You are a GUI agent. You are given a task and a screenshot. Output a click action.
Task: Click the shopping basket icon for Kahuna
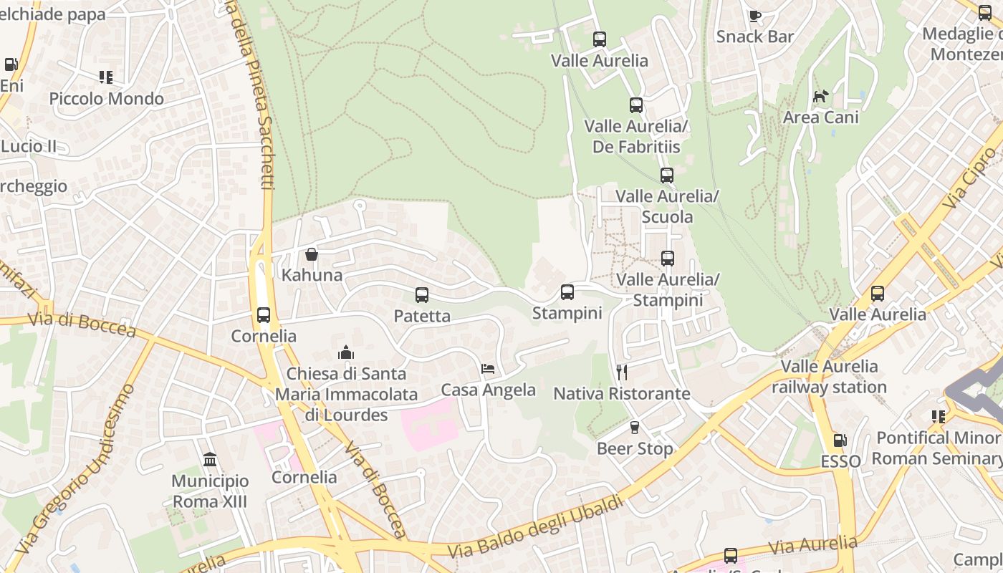[x=312, y=254]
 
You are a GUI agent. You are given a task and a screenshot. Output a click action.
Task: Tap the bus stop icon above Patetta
[x=422, y=295]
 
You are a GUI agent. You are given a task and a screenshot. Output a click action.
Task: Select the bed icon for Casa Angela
[x=489, y=370]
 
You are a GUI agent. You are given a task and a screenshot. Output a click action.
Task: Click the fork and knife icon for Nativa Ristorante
[x=622, y=372]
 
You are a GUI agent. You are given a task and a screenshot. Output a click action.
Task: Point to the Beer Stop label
[x=635, y=449]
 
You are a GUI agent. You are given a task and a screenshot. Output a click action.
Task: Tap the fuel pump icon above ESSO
[x=840, y=440]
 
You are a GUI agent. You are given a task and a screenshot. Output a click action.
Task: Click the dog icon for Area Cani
[x=821, y=96]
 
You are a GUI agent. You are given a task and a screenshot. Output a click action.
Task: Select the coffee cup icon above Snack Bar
[x=754, y=16]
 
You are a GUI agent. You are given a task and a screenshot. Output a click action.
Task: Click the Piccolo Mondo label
[x=107, y=99]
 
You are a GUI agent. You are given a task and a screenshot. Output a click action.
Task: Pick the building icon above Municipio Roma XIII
[x=210, y=459]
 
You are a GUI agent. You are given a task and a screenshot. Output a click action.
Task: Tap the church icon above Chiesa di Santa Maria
[x=346, y=352]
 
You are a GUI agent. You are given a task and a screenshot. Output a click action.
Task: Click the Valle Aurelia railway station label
[x=829, y=377]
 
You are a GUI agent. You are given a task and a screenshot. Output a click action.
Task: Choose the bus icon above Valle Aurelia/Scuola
[x=667, y=175]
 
